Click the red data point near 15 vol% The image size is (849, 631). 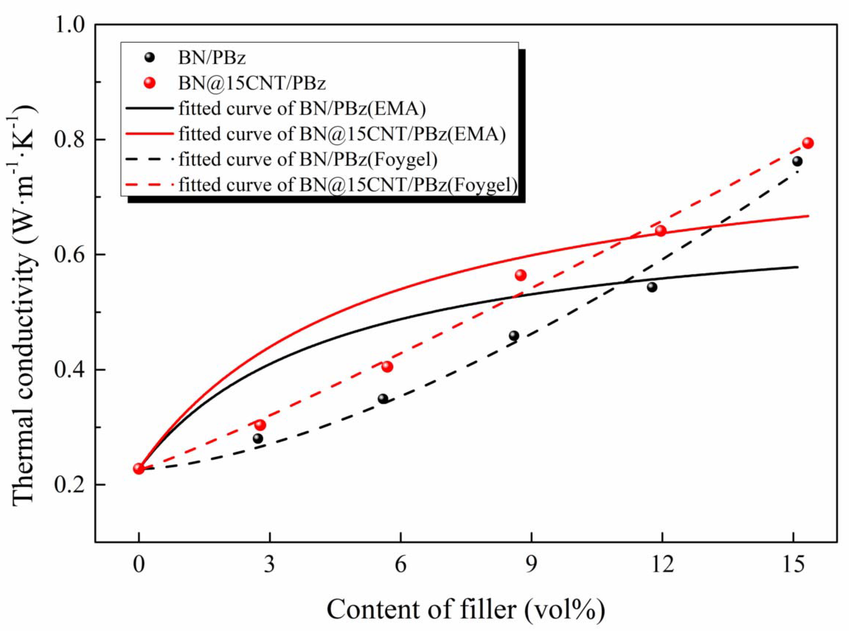tap(807, 143)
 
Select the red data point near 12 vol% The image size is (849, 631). tap(661, 231)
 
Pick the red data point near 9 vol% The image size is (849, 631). tap(520, 275)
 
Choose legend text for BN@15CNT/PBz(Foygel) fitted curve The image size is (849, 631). tap(348, 185)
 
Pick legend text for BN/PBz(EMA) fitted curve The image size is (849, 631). tap(302, 109)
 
